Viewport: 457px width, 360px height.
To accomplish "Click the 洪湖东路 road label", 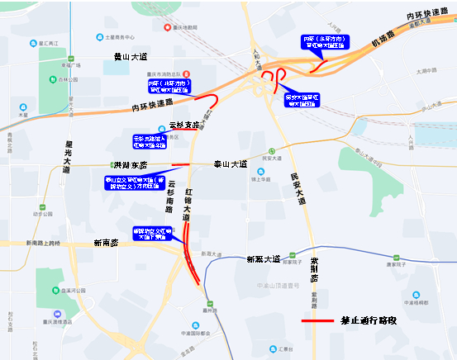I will (131, 165).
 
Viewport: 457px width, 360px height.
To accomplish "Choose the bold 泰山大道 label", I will (230, 164).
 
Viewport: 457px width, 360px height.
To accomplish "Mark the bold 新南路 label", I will (106, 243).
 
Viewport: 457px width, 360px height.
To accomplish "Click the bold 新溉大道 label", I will (264, 259).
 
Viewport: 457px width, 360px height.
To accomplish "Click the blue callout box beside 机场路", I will (325, 42).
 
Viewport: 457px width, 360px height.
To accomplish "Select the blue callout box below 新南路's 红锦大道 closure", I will (154, 234).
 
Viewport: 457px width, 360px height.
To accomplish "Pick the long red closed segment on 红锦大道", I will (192, 248).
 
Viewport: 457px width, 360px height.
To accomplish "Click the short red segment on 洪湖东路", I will (180, 163).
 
